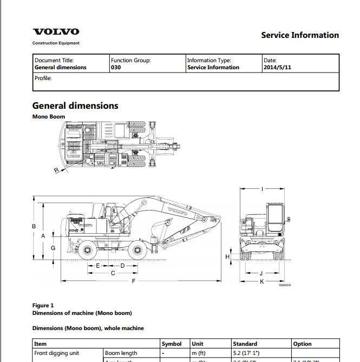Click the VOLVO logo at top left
point(56,32)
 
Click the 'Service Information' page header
point(299,35)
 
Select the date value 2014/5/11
point(277,68)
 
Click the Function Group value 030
point(116,68)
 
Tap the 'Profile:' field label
point(43,78)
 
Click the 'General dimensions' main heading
point(75,106)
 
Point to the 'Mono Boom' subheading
point(49,116)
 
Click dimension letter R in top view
point(56,170)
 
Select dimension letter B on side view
point(34,226)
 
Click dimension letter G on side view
point(53,247)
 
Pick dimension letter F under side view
point(133,281)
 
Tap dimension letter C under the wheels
point(113,273)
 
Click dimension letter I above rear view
point(262,189)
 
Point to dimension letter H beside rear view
point(228,256)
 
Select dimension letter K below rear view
point(261,281)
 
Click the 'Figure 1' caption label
point(43,305)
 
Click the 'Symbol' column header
point(172,344)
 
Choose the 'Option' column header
point(303,344)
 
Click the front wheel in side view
point(86,251)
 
